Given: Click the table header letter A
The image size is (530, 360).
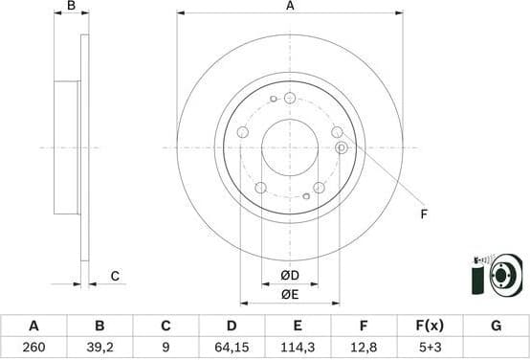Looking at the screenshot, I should (33, 326).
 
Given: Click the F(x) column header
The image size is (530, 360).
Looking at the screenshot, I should (430, 326).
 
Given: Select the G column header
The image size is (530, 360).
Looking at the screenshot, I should (496, 326).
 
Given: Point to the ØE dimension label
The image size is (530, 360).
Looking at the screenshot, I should (290, 294).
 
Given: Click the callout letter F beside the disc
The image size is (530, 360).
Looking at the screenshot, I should (424, 214).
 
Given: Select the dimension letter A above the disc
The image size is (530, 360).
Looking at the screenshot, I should (290, 7).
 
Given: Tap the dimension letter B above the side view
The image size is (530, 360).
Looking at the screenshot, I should (71, 7).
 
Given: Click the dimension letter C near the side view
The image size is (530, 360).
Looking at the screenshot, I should (115, 277).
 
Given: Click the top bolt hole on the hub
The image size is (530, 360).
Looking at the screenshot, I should (290, 97).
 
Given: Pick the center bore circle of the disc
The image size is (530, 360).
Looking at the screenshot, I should (290, 147).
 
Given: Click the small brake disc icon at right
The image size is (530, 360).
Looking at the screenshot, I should (499, 278).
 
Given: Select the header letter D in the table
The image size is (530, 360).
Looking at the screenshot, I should (232, 326).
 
